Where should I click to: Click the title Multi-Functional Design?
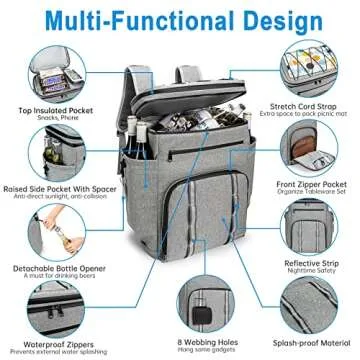(179, 19)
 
